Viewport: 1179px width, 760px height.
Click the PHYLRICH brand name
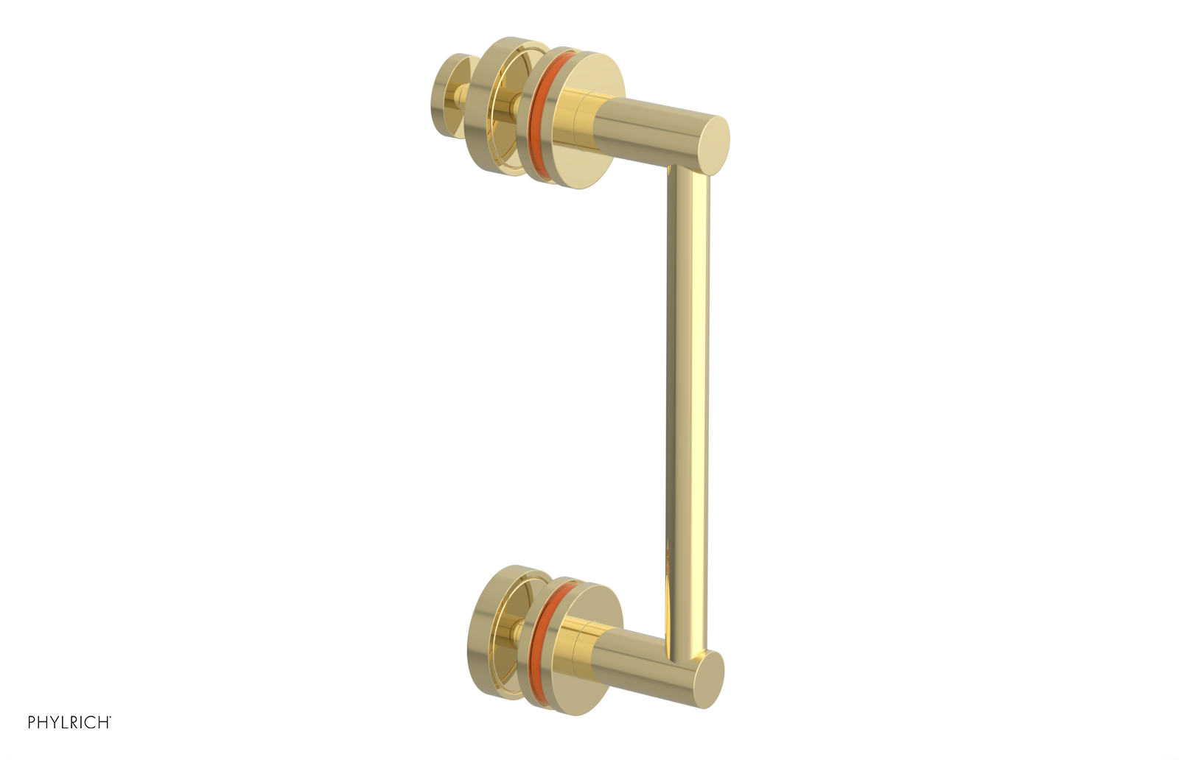pos(68,722)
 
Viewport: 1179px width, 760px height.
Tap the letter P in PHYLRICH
pos(32,722)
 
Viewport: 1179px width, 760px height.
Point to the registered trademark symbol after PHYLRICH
pos(110,718)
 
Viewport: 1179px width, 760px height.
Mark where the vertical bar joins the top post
pos(688,174)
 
